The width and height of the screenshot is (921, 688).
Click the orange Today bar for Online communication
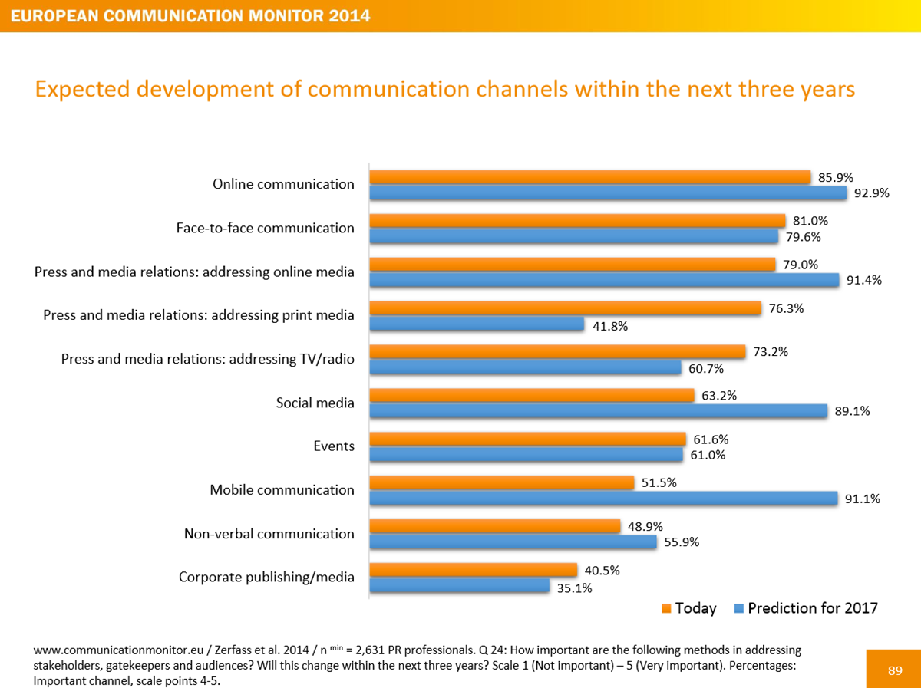590,177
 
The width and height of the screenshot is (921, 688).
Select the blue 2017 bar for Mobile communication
603,499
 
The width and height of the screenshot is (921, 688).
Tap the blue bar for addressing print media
477,324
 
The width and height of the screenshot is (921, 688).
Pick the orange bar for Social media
532,396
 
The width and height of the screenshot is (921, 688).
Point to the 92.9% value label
870,193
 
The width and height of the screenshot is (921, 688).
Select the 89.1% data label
851,411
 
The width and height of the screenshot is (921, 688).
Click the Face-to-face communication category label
265,228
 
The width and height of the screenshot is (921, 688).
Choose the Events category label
334,446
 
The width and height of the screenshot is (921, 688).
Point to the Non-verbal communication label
269,534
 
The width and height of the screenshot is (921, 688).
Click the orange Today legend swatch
665,609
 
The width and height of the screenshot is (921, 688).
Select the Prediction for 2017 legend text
813,608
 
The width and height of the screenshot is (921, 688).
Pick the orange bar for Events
527,439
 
